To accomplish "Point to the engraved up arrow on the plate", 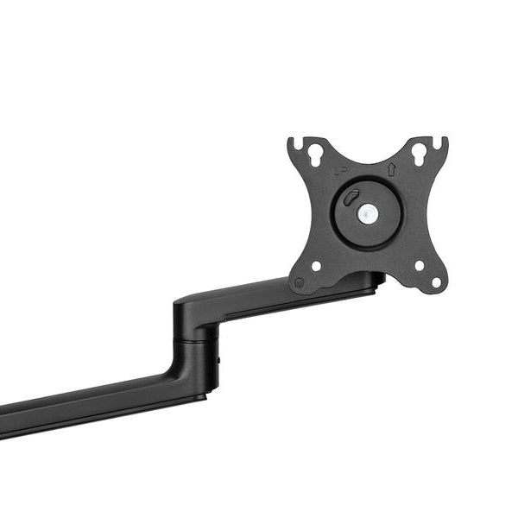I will [390, 170].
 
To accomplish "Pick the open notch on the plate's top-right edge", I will [443, 140].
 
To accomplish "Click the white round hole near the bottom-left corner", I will [316, 266].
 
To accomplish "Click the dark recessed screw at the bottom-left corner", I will [299, 282].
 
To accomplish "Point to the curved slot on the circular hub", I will [350, 198].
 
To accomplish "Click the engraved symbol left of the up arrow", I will [344, 175].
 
